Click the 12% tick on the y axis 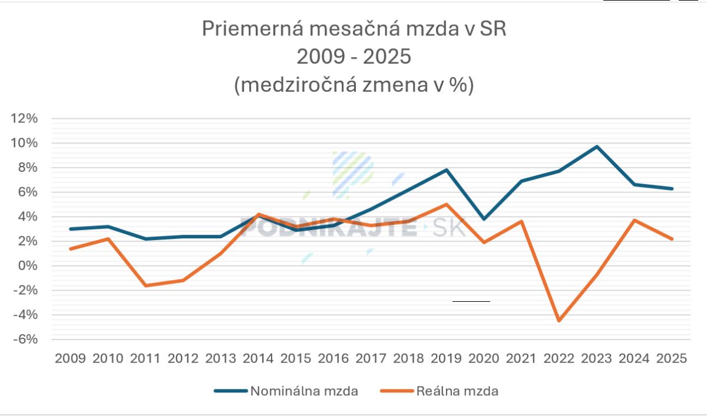(25, 118)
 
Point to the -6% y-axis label (25, 340)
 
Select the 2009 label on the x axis (70, 358)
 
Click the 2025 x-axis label (672, 358)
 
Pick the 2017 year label (371, 358)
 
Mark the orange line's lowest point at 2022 (559, 321)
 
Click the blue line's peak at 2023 (597, 147)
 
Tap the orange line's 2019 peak (446, 205)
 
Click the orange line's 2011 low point (146, 285)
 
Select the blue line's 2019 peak (446, 170)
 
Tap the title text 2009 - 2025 (353, 57)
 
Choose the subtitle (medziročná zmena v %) (353, 85)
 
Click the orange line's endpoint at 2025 (672, 239)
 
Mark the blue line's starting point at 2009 (70, 229)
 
